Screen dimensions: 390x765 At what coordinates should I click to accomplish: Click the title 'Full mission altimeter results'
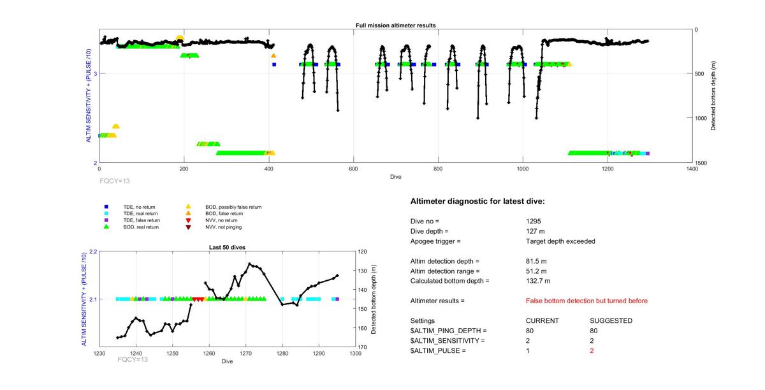coord(395,26)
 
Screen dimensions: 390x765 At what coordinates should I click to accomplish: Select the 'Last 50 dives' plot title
coord(227,247)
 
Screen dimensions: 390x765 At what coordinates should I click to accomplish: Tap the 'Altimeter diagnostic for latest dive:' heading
coord(477,202)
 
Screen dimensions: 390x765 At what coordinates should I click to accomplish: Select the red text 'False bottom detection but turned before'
coord(586,301)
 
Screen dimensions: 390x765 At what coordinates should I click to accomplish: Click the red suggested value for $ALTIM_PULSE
coord(592,351)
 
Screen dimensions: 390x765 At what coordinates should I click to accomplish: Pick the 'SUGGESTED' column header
coord(611,320)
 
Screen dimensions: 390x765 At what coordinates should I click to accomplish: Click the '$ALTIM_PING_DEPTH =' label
coord(448,331)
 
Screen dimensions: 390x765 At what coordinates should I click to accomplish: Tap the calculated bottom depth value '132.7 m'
coord(537,281)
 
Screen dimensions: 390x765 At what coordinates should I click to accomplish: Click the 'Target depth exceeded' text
coord(557,241)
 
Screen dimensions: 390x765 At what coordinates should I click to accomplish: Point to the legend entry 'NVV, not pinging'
coord(228,227)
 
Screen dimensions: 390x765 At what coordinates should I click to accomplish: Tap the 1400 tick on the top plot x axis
coord(692,169)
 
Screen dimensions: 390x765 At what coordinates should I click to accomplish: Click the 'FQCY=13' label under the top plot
coord(115,181)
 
